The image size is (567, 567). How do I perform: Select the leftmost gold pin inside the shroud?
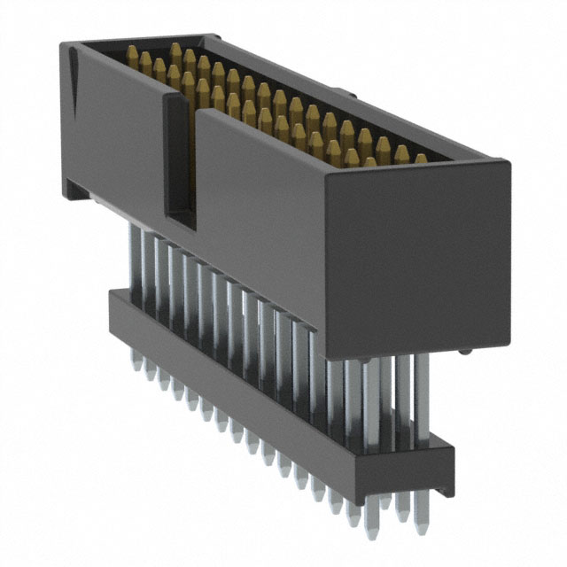tap(132, 59)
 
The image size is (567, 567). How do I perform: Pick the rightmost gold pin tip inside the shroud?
tap(421, 159)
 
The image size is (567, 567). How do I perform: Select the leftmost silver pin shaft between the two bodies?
tap(134, 257)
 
